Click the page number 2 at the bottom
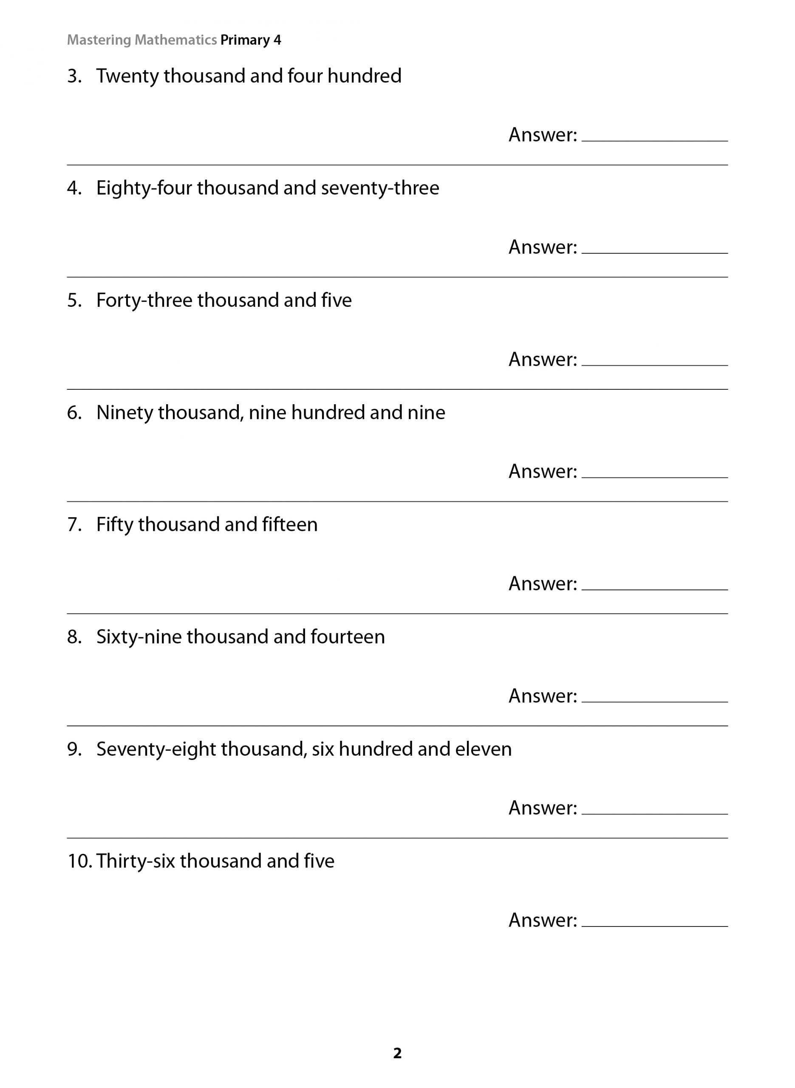tap(397, 1053)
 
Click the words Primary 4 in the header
tap(250, 40)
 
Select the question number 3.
tap(74, 76)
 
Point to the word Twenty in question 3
tap(127, 76)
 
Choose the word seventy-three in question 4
tap(380, 188)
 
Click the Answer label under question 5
tap(542, 360)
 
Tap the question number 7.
tap(74, 524)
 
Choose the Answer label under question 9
tap(542, 808)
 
